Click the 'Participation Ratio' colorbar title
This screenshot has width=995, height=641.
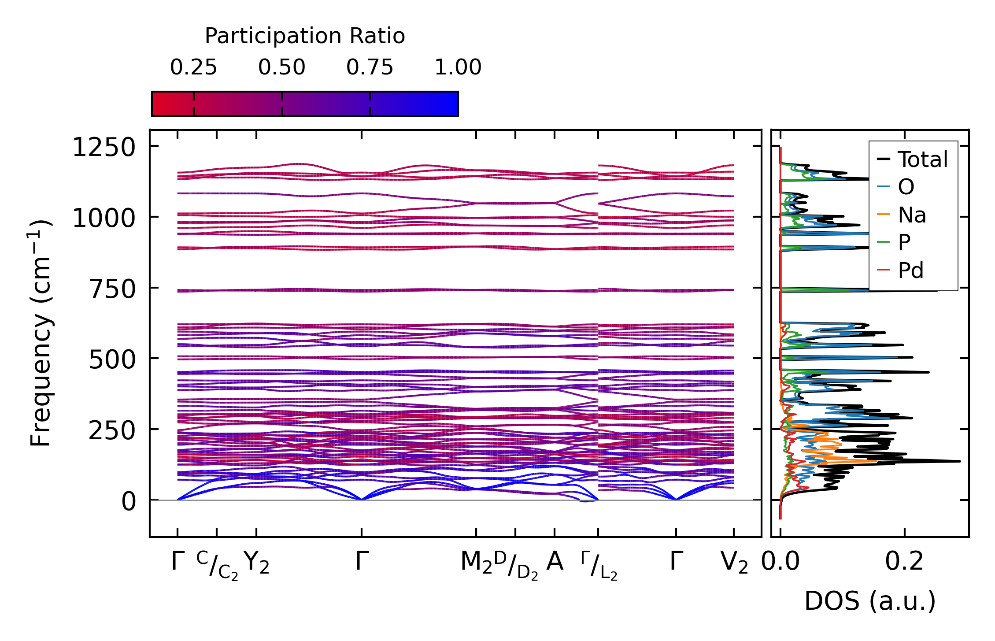305,36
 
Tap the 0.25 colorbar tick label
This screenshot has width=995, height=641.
193,67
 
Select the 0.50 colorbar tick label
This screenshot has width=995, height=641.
281,67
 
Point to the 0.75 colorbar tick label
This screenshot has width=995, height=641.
370,67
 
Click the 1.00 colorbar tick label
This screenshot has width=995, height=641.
458,67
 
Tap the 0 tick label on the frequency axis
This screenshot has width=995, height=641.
129,502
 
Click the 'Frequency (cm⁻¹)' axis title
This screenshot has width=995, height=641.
41,333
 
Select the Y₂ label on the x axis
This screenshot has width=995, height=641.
256,563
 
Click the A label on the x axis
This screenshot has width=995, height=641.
555,562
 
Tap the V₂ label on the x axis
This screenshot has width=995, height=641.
734,563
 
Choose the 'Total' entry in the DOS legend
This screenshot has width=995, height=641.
922,159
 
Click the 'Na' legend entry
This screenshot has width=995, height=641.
912,215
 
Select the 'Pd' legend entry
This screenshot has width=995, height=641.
910,270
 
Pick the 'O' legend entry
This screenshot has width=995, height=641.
906,187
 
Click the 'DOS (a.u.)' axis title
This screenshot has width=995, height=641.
870,601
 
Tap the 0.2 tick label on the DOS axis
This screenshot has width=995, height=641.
904,562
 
